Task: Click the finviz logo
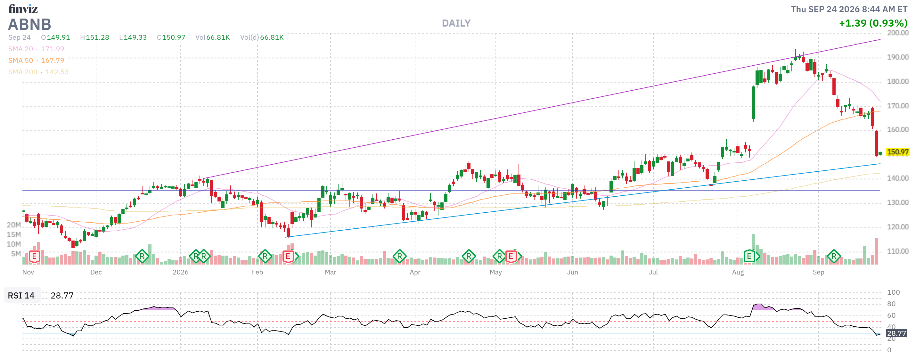pos(23,8)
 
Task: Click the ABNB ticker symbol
pos(29,24)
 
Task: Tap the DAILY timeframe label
pos(456,23)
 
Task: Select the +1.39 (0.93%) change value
pos(873,23)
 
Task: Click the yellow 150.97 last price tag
pos(897,152)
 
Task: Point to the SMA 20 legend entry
pos(36,49)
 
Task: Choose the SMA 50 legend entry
pos(36,61)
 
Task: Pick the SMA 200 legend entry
pos(38,72)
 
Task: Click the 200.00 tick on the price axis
pos(898,33)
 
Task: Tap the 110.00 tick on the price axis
pos(898,251)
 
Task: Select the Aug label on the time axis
pos(738,272)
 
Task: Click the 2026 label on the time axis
pos(180,272)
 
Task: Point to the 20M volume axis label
pos(14,225)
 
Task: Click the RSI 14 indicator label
pos(21,295)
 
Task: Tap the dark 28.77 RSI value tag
pos(896,333)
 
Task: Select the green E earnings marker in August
pos(749,256)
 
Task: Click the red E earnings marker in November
pos(34,256)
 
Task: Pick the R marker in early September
pos(834,256)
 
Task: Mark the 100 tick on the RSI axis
pos(893,292)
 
